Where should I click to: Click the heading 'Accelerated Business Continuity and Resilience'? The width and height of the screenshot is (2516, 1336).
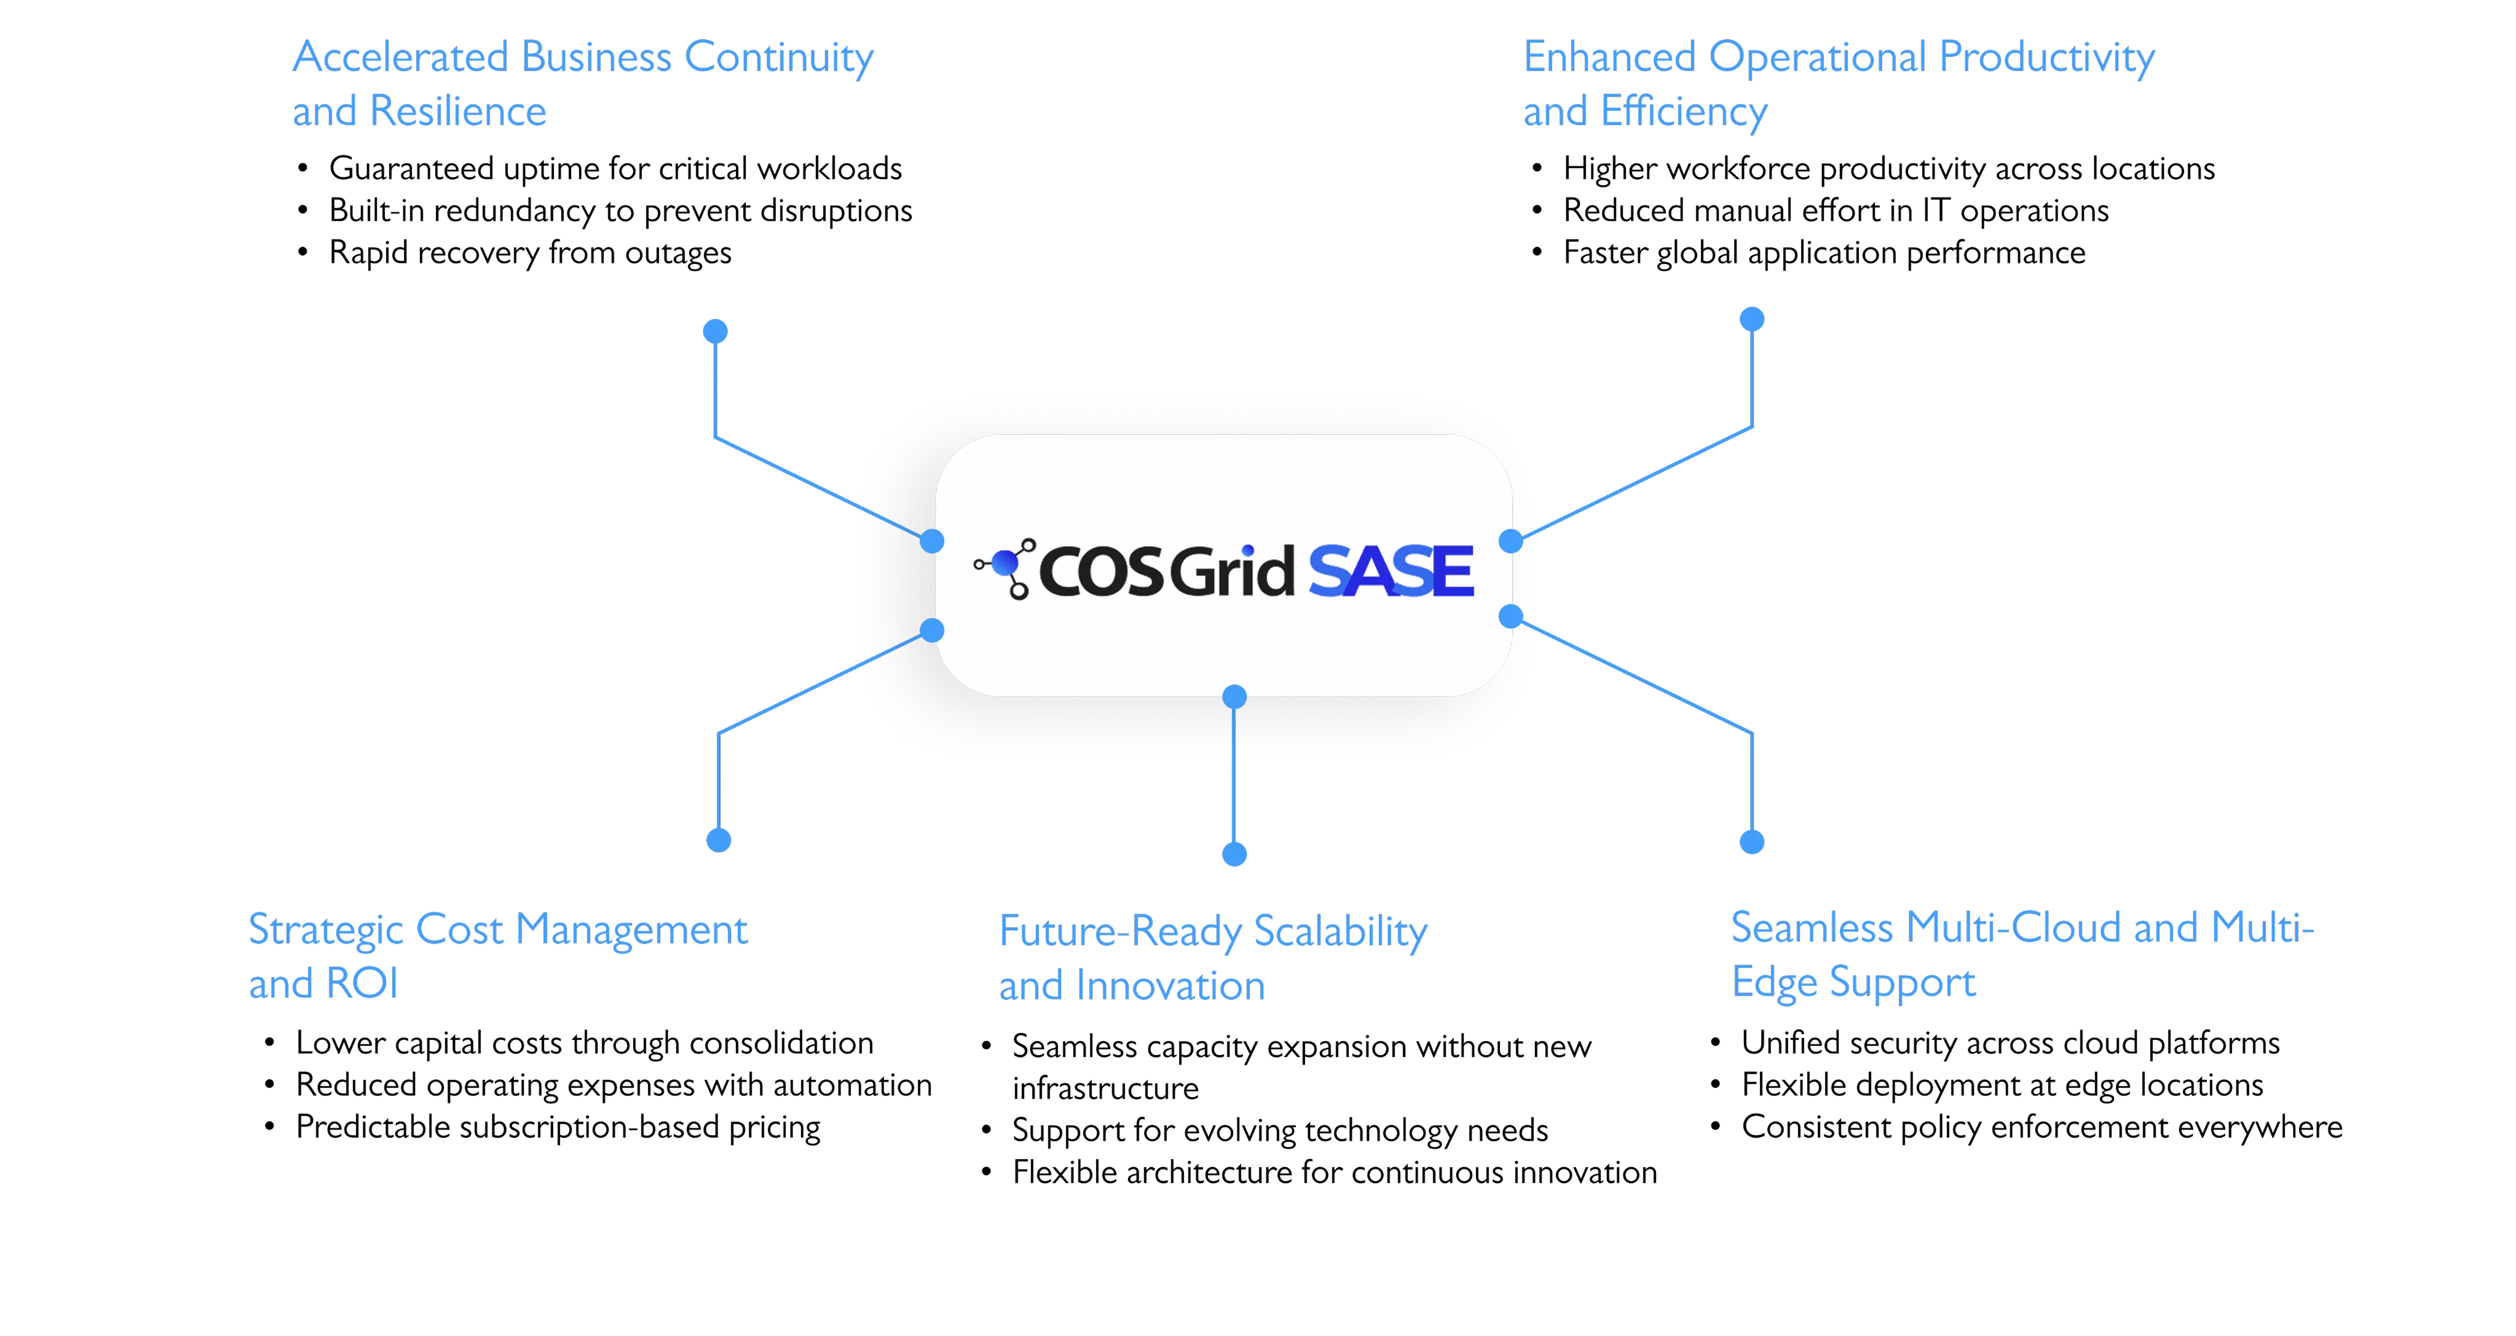pyautogui.click(x=583, y=84)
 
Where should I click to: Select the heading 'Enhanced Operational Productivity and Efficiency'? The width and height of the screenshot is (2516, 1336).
pyautogui.click(x=1839, y=84)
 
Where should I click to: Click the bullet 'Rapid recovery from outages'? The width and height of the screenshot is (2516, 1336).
pyautogui.click(x=530, y=253)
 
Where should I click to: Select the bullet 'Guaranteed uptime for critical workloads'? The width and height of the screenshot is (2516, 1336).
pyautogui.click(x=615, y=169)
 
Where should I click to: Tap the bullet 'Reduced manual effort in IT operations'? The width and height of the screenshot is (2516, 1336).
pyautogui.click(x=1836, y=211)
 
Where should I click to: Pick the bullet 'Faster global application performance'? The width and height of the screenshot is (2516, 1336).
pyautogui.click(x=1824, y=253)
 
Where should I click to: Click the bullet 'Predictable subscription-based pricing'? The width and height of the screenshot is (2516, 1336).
pyautogui.click(x=558, y=1127)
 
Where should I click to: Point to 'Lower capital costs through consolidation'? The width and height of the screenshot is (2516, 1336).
pyautogui.click(x=584, y=1043)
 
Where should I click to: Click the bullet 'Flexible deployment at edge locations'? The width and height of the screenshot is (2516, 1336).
pyautogui.click(x=2002, y=1085)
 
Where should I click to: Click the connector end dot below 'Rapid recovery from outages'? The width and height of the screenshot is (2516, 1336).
pyautogui.click(x=716, y=331)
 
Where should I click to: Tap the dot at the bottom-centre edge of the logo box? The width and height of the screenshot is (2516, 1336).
pyautogui.click(x=1234, y=696)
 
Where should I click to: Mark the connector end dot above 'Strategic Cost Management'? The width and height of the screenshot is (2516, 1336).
pyautogui.click(x=719, y=840)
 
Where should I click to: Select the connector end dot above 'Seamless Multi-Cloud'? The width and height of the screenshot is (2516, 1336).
pyautogui.click(x=1752, y=842)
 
